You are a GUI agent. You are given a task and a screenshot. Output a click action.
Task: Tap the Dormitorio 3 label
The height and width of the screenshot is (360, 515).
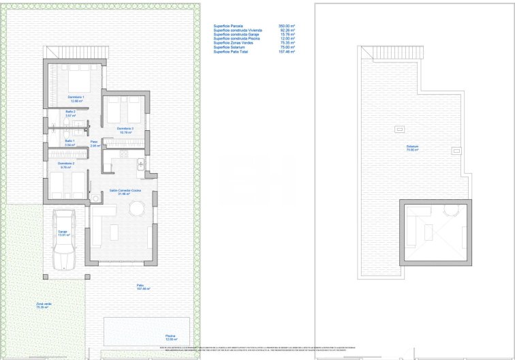[x=125, y=129]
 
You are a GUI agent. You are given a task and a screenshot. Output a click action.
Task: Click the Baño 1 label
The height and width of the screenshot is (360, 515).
[x=69, y=142]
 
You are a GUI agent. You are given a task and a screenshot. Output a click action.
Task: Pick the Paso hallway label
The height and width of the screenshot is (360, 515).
[x=95, y=143]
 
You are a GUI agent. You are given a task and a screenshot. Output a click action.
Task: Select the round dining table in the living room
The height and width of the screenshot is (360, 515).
[x=137, y=209]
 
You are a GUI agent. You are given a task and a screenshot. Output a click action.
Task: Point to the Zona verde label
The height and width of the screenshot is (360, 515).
[x=44, y=305]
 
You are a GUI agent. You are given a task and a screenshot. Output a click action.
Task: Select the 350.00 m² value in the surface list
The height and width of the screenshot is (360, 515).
[x=286, y=26]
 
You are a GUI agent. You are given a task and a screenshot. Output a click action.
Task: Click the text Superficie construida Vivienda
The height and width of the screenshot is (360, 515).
[x=238, y=31]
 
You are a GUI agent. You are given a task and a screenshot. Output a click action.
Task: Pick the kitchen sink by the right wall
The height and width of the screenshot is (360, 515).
[x=140, y=164]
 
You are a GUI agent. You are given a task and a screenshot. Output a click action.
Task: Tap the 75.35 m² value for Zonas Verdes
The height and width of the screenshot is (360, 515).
[x=286, y=43]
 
